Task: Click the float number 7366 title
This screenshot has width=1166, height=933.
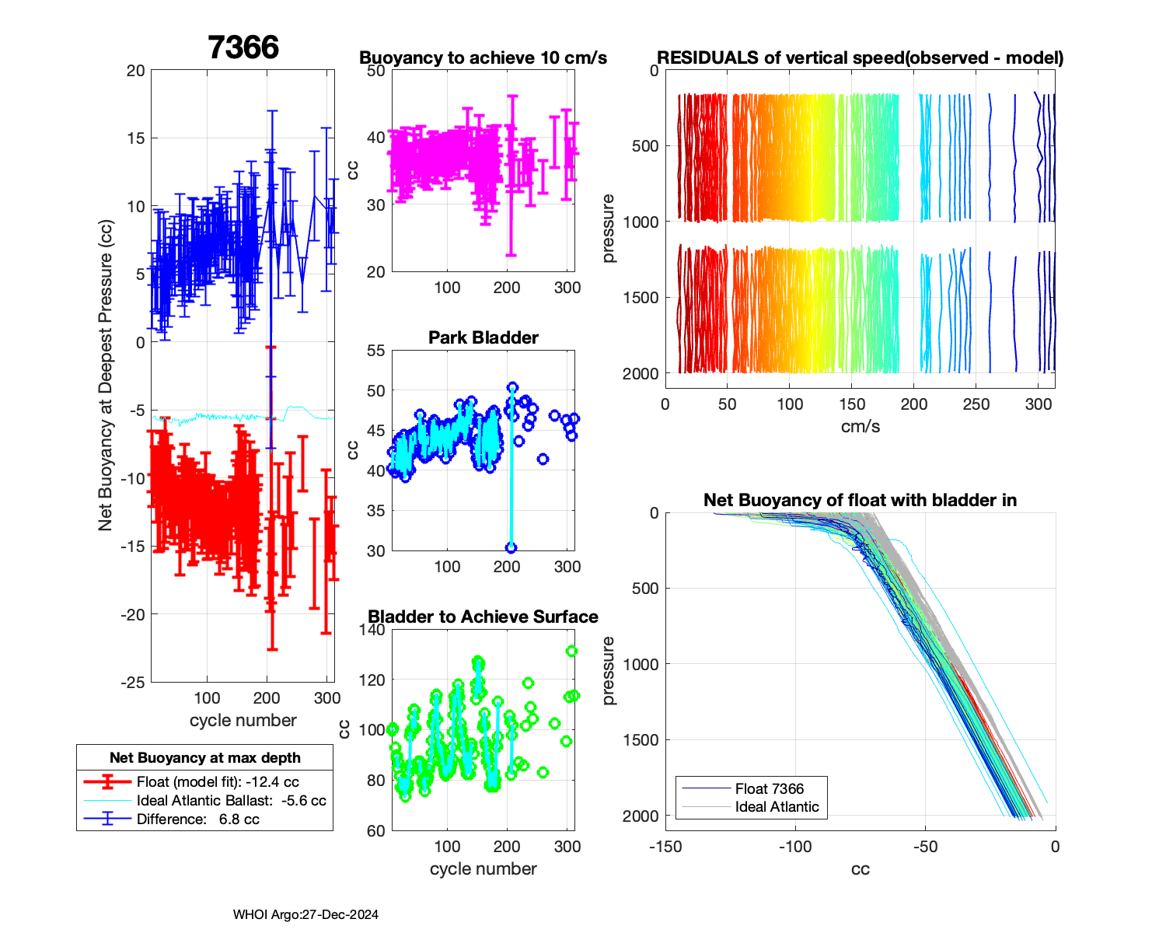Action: pos(243,48)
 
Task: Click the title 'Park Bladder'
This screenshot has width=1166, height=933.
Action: pos(484,338)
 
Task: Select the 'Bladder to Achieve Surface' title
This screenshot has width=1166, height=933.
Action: pos(483,617)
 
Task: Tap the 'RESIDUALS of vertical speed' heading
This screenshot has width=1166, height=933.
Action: pos(860,58)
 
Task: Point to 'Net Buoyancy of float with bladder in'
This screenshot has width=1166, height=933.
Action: pos(860,501)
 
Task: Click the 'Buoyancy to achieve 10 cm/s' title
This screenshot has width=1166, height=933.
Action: pos(483,58)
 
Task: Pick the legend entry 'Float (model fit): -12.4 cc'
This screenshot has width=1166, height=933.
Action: pos(218,782)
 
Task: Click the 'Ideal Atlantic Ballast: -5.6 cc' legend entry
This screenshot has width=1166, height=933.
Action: pos(231,801)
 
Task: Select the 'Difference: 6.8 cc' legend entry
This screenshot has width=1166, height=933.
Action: pos(197,819)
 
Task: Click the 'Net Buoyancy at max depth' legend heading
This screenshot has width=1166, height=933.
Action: pos(205,758)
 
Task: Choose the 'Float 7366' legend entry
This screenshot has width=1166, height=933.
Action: pos(769,789)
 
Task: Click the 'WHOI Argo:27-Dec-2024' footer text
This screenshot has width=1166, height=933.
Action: pos(305,915)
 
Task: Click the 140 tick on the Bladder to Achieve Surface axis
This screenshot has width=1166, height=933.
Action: pos(373,630)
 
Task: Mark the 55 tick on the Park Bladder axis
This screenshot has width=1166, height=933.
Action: pos(376,351)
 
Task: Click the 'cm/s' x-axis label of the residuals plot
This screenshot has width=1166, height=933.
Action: pos(860,427)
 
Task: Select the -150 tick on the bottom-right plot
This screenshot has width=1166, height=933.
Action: pos(665,847)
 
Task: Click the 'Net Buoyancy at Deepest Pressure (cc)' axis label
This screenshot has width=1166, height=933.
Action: pos(106,376)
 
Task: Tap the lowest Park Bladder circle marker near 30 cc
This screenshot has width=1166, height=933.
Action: pos(511,548)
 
